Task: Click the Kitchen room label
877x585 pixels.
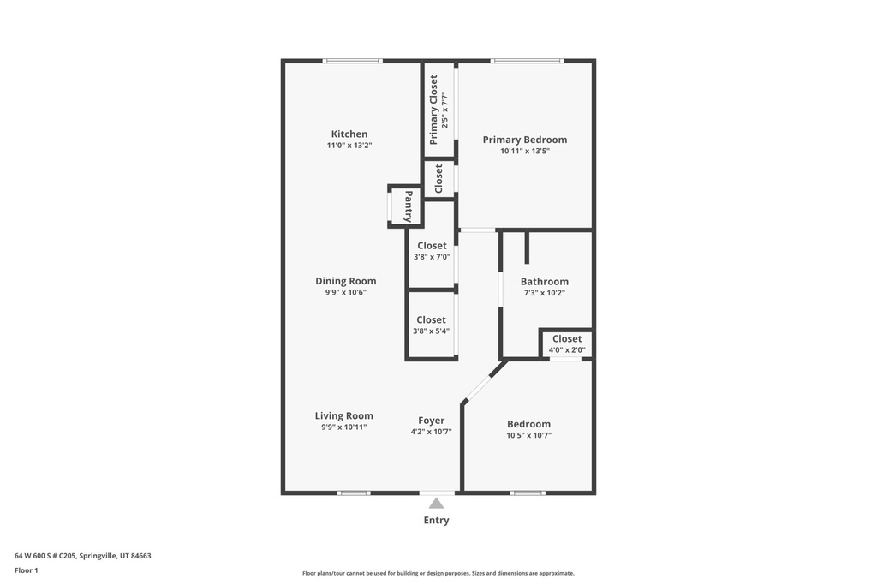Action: [x=349, y=134]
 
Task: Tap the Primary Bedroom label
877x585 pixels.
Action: [x=524, y=140]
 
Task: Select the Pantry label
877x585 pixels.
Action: [x=409, y=206]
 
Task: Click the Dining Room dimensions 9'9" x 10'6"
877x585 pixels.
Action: [x=345, y=292]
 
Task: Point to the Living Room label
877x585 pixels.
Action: [x=343, y=415]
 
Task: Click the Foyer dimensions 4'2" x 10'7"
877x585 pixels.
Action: [x=431, y=432]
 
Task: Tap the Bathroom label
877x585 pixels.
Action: [x=544, y=281]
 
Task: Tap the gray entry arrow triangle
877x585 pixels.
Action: [x=437, y=504]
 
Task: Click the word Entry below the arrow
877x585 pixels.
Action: [x=436, y=520]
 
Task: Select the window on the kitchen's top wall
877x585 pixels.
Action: [x=352, y=61]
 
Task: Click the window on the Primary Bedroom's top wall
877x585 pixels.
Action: [x=527, y=61]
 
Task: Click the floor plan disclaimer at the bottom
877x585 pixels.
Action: [x=438, y=573]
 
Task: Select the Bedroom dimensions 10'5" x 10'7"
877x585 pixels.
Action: [x=528, y=435]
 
